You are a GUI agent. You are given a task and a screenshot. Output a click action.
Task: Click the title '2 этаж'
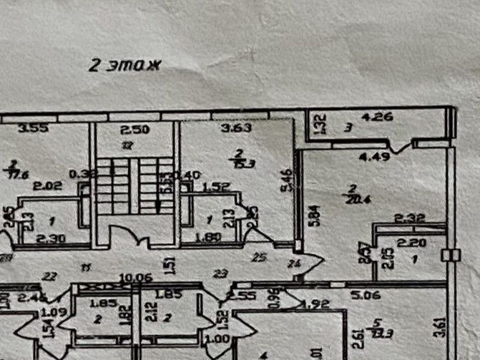tap(126, 65)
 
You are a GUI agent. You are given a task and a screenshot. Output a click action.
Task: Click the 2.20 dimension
tap(411, 243)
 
